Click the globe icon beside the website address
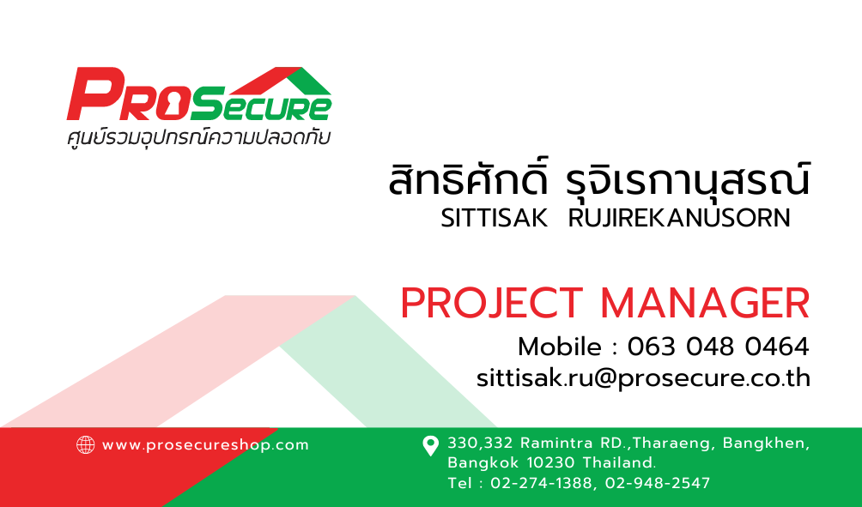click(x=85, y=445)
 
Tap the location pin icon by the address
click(x=430, y=445)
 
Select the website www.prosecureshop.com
click(x=205, y=445)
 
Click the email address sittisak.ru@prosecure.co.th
click(x=643, y=378)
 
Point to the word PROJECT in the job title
click(x=491, y=303)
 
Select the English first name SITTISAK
click(x=495, y=218)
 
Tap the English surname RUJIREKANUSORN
click(x=679, y=218)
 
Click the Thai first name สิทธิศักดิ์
click(x=468, y=179)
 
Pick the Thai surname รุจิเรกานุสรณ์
click(x=688, y=180)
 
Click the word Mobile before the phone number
click(x=560, y=347)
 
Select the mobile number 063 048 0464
click(x=719, y=347)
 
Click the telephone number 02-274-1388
click(x=541, y=483)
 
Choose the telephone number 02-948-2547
click(x=658, y=483)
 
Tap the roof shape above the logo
click(x=281, y=81)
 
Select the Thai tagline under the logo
click(x=198, y=137)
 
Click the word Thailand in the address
click(x=620, y=462)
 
